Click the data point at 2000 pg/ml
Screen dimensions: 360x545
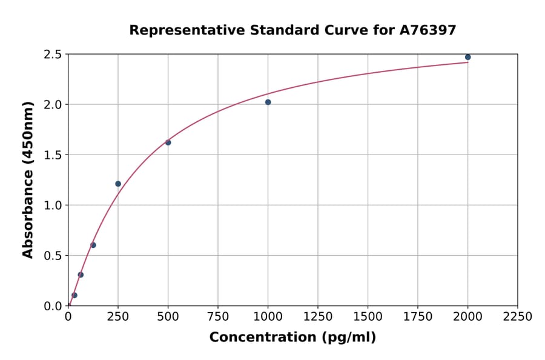[x=467, y=57]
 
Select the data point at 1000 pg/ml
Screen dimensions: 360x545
[x=268, y=102]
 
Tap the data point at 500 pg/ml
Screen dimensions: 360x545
[x=168, y=142]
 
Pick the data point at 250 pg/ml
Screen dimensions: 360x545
[x=118, y=184]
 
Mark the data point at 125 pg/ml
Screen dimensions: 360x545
[x=93, y=245]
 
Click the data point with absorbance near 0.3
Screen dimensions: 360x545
[x=81, y=275]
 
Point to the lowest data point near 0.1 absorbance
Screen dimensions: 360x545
[x=74, y=295]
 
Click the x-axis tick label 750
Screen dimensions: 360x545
[x=218, y=317]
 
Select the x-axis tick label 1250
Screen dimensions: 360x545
[x=318, y=317]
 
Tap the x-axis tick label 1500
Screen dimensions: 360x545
[x=368, y=317]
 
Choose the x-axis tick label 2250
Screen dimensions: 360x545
[x=518, y=317]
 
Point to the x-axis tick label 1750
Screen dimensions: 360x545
[x=418, y=317]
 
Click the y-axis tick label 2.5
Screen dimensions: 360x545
[x=53, y=55]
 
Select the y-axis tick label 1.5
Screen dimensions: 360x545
[x=53, y=155]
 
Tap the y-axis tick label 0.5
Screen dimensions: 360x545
[x=53, y=256]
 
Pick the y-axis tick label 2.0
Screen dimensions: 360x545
[x=53, y=105]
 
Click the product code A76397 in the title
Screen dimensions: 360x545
[x=428, y=30]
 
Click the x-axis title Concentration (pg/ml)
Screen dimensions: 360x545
[x=292, y=338]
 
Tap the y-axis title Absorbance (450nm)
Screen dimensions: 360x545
[x=28, y=180]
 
